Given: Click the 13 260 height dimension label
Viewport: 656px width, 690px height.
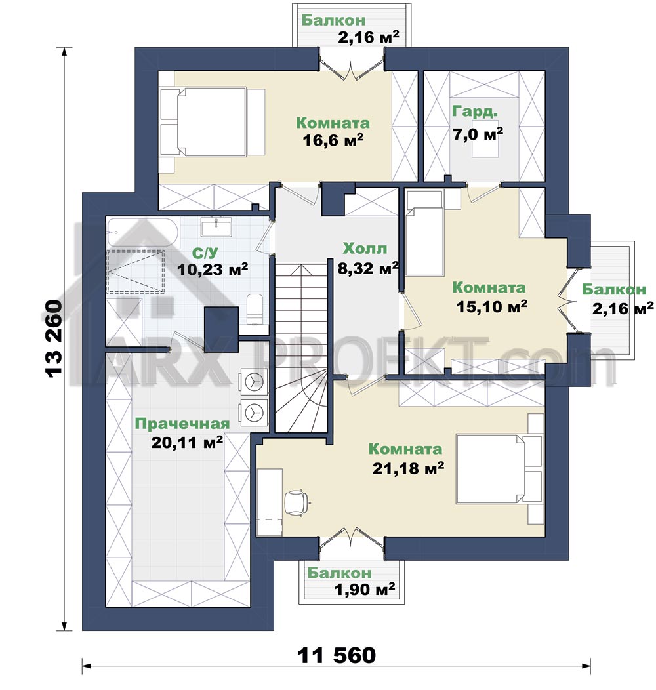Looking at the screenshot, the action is [x=53, y=338].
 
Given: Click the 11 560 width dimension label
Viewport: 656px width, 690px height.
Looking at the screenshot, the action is [x=337, y=655].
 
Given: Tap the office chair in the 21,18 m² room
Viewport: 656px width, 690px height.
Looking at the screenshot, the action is [x=297, y=501].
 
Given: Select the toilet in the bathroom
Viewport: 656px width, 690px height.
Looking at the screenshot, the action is [x=255, y=310].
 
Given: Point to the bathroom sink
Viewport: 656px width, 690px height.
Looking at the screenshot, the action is [x=216, y=226].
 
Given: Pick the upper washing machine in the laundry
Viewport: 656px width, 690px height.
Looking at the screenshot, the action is [x=253, y=382].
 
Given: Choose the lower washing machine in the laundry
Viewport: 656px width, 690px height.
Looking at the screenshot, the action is [x=253, y=412].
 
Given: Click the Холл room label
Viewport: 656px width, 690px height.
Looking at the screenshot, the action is [x=365, y=249].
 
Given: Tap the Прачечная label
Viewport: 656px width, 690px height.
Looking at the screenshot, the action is [x=182, y=424].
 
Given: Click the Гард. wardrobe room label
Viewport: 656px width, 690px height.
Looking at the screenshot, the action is [x=474, y=112].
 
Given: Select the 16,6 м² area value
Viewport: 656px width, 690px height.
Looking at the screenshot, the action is [x=333, y=140].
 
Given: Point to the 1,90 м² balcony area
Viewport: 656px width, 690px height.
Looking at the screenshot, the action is [x=365, y=589].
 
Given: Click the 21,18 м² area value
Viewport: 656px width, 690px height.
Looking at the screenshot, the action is [x=407, y=468].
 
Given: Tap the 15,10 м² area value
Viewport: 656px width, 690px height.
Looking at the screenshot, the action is [x=491, y=306].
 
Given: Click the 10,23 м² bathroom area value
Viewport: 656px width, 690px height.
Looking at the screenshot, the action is [x=213, y=269].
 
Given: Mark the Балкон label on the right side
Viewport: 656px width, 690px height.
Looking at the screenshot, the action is [x=614, y=289].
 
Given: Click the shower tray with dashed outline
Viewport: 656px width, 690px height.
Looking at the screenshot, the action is [x=136, y=271].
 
